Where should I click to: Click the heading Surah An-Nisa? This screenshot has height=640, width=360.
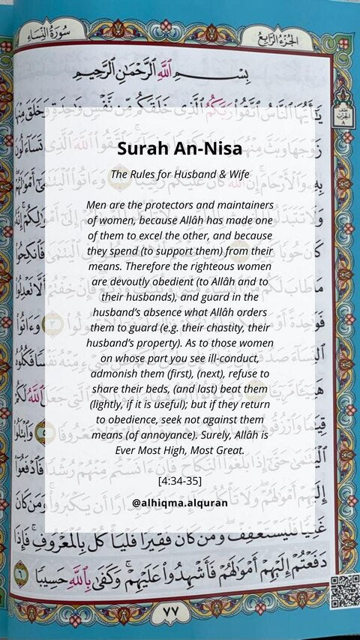point(178,149)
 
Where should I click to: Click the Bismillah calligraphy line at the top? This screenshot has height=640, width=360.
point(180,74)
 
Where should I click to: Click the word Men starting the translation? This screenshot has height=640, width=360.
point(97,205)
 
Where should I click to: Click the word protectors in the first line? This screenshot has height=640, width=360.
point(181,205)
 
